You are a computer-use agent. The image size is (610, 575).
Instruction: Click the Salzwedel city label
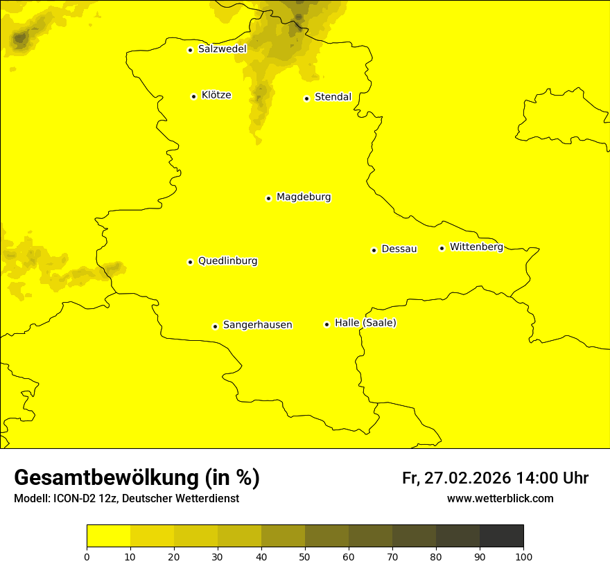click(222, 49)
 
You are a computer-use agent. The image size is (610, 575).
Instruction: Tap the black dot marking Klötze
click(193, 96)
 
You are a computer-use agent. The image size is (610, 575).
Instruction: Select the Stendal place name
click(333, 97)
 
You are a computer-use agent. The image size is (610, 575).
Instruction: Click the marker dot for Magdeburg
click(268, 198)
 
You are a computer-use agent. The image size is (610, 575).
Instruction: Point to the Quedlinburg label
click(227, 261)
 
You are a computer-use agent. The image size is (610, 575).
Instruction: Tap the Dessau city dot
click(374, 250)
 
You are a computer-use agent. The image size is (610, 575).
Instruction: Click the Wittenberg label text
click(476, 247)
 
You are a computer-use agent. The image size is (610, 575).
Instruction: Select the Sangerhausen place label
click(257, 325)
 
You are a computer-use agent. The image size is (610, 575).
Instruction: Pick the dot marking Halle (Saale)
click(326, 324)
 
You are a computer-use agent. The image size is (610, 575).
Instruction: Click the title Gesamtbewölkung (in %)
click(137, 478)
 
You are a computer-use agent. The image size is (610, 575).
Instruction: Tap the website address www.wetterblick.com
click(500, 498)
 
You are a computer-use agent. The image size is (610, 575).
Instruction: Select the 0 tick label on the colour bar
click(87, 556)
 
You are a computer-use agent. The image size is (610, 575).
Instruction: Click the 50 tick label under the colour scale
click(305, 556)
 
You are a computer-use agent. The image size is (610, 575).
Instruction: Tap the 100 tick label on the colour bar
click(523, 556)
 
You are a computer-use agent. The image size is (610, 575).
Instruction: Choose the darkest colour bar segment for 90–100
click(501, 536)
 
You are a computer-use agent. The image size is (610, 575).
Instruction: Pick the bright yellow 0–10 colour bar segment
click(108, 536)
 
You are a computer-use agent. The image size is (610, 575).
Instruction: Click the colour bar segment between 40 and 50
click(283, 536)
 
